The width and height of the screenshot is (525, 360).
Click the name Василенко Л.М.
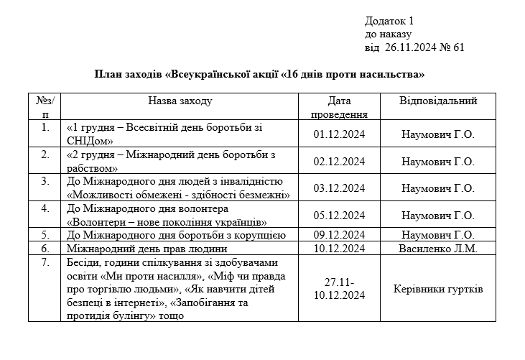click(x=438, y=248)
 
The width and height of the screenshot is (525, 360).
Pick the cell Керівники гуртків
click(x=438, y=289)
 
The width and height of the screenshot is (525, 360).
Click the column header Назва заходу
click(x=180, y=101)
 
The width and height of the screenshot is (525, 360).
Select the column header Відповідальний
click(x=438, y=101)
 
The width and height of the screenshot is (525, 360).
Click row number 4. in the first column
click(x=46, y=208)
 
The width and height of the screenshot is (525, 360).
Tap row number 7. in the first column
click(x=46, y=262)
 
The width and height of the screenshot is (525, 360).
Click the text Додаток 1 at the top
click(x=389, y=20)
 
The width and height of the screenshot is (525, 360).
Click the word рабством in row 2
click(x=92, y=167)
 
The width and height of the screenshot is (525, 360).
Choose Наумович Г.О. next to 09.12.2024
click(x=438, y=235)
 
